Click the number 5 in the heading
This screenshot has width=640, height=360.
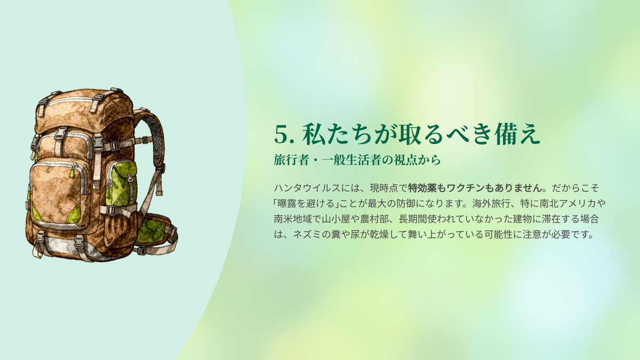[x=283, y=134]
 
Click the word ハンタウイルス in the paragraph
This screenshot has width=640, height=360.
[x=307, y=188]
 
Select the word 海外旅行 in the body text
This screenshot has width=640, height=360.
[x=491, y=204]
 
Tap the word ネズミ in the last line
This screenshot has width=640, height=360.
[x=307, y=235]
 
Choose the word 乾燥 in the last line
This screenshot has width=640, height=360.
[x=370, y=235]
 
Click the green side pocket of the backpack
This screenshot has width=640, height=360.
[x=122, y=183]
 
